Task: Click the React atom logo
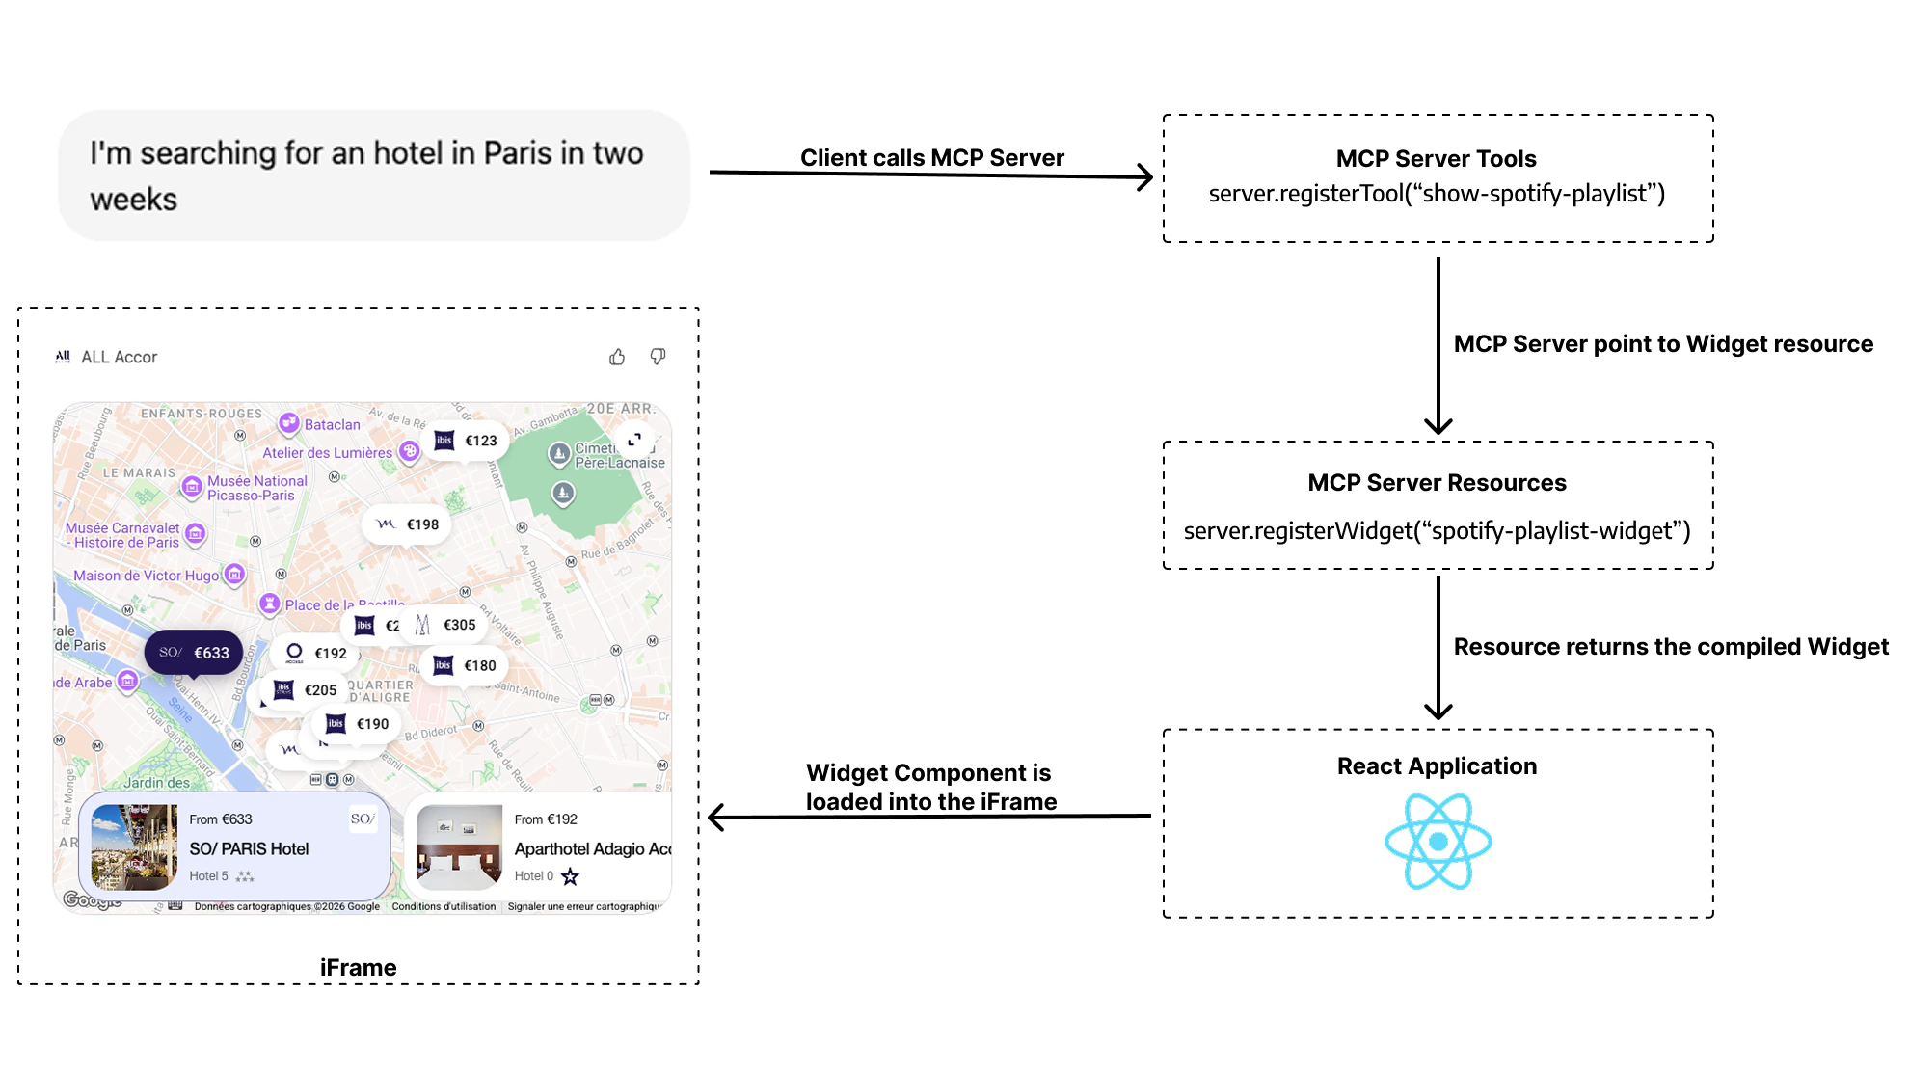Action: [x=1438, y=841]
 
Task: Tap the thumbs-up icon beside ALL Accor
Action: [x=617, y=358]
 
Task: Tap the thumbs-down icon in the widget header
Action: [x=658, y=357]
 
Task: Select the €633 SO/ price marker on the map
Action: [x=194, y=653]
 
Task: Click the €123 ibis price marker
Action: [x=467, y=441]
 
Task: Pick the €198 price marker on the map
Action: [x=407, y=524]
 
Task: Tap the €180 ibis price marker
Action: [x=466, y=665]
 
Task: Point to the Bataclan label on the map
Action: [x=332, y=424]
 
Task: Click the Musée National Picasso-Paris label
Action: [x=256, y=488]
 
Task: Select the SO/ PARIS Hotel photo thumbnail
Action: [x=134, y=846]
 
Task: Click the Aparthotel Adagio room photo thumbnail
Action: [x=459, y=846]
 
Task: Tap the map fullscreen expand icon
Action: [x=634, y=440]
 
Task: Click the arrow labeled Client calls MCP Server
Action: [x=930, y=174]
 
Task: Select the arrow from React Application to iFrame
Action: [x=930, y=818]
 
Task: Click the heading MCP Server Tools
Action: [x=1436, y=159]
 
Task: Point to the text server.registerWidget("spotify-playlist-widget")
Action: [x=1437, y=531]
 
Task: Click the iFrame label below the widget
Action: [x=358, y=967]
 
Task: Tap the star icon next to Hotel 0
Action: [x=570, y=876]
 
